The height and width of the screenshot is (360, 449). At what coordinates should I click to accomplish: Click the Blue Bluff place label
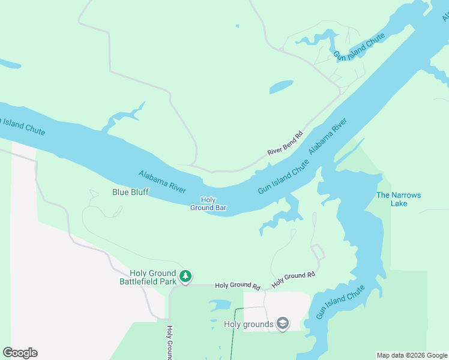pos(130,193)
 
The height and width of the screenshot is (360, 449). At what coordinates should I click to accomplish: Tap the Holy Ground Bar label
pos(208,204)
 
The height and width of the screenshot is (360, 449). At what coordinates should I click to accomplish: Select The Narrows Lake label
pos(399,199)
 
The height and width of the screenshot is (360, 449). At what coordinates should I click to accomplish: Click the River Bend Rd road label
pos(285,145)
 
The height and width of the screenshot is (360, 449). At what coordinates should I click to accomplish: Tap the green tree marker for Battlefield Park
pos(186,276)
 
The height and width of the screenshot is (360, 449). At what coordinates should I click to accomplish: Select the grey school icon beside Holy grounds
pos(283,324)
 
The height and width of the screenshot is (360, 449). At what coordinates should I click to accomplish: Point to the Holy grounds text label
pos(249,325)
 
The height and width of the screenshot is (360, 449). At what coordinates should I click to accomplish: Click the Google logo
pos(20,353)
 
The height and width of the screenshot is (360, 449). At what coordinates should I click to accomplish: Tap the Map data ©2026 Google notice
pos(412,355)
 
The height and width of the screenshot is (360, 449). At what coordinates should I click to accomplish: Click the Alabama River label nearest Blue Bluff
pos(162,181)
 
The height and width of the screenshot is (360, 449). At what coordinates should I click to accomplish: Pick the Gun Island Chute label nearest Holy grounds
pos(340,302)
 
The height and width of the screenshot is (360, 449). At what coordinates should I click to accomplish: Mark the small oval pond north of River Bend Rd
pos(281,87)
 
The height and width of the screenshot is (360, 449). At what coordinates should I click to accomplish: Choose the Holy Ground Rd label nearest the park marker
pos(237,286)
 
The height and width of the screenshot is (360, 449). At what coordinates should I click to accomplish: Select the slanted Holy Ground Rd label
pos(293,278)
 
